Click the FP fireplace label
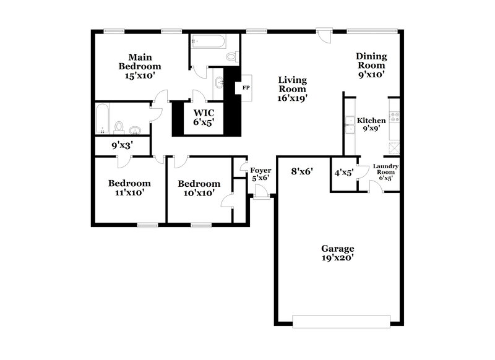[x=246, y=87]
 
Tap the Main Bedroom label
[x=140, y=66]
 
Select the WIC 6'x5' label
[x=204, y=118]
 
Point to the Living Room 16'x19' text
[x=293, y=88]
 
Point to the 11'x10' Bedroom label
[x=129, y=187]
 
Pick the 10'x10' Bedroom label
[x=199, y=188]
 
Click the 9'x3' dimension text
[x=122, y=146]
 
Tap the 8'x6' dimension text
[x=301, y=173]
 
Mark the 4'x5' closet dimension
[x=343, y=173]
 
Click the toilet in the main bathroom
[x=231, y=56]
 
